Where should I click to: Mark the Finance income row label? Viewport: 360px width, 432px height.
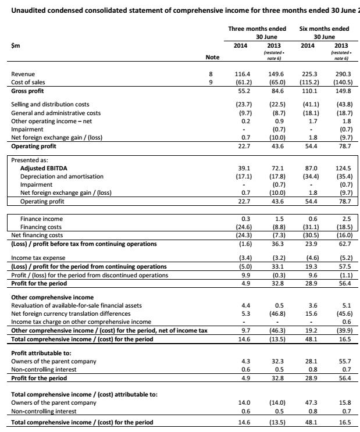click(x=41, y=218)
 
